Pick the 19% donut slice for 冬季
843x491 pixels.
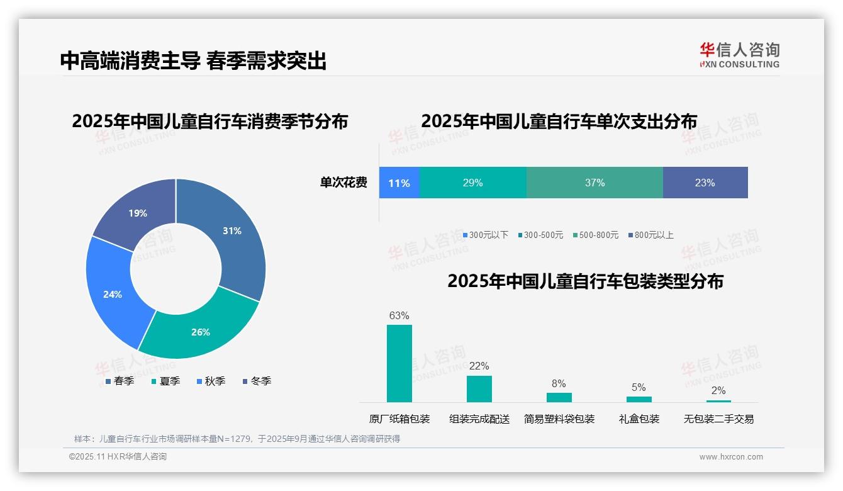pos(135,211)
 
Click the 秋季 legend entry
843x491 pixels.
pos(210,381)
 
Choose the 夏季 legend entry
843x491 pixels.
pos(165,381)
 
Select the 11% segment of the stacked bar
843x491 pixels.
pos(399,183)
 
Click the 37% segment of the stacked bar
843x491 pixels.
pos(595,183)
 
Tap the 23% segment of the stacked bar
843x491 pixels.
pos(705,183)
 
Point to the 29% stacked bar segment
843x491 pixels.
pos(472,183)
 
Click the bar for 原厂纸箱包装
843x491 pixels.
pos(399,363)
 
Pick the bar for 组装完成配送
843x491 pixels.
pos(479,388)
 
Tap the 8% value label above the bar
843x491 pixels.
pos(559,383)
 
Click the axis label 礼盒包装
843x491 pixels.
pos(639,419)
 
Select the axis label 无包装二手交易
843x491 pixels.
pos(718,419)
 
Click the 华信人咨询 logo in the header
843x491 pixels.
pos(739,55)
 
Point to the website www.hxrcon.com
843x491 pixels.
pos(730,457)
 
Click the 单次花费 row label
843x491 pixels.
pos(343,183)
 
